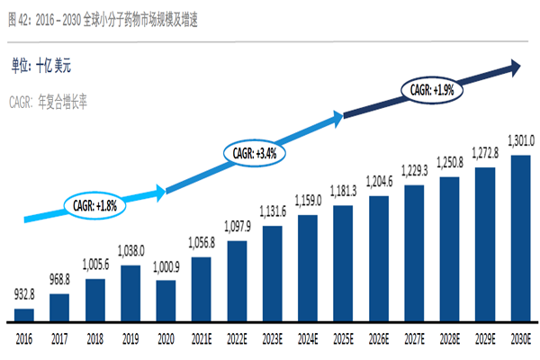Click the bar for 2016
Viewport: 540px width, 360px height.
[25, 315]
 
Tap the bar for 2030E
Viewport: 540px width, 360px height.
[519, 238]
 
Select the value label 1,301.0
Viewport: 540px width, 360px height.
[519, 140]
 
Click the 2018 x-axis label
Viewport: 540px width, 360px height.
[95, 338]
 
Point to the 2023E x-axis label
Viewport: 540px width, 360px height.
[272, 338]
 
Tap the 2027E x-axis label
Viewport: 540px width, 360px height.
[414, 338]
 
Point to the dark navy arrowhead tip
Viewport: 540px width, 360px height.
[520, 66]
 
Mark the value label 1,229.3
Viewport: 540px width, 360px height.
[414, 172]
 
